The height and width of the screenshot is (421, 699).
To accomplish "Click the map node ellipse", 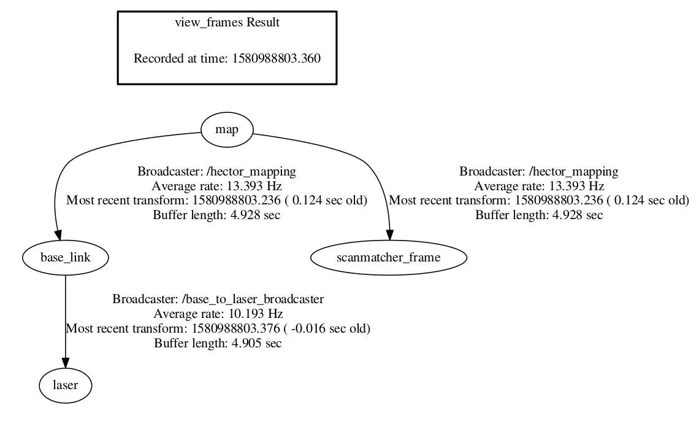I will point(227,130).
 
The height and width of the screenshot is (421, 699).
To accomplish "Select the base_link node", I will point(65,258).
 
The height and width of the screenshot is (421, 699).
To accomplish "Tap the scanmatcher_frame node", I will point(388,258).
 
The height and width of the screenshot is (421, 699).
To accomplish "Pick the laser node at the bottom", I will point(66,385).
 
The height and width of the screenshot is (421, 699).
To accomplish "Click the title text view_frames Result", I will point(227,23).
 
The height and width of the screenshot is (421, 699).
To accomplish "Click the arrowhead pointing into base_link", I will point(59,236).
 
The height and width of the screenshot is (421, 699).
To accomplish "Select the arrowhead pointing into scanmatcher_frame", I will point(389,236).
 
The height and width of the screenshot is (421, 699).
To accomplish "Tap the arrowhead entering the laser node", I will point(66,364).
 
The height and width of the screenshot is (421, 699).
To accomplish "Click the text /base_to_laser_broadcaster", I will point(253,299).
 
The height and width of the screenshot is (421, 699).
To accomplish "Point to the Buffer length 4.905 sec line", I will point(218,344).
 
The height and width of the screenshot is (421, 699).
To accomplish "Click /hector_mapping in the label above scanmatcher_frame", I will point(574,171).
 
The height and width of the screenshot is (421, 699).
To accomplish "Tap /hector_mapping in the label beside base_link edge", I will point(251,171).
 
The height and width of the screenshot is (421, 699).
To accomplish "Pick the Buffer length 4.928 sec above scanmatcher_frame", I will point(539,215).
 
